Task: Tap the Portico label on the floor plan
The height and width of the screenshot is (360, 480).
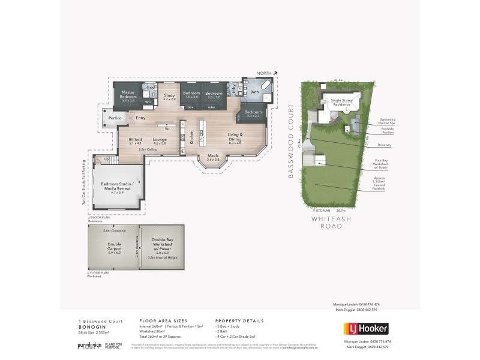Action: (116, 118)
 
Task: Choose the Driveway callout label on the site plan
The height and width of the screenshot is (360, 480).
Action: (385, 145)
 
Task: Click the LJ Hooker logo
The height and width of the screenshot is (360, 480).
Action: (365, 328)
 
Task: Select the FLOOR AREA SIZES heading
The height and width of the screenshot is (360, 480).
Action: (160, 321)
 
